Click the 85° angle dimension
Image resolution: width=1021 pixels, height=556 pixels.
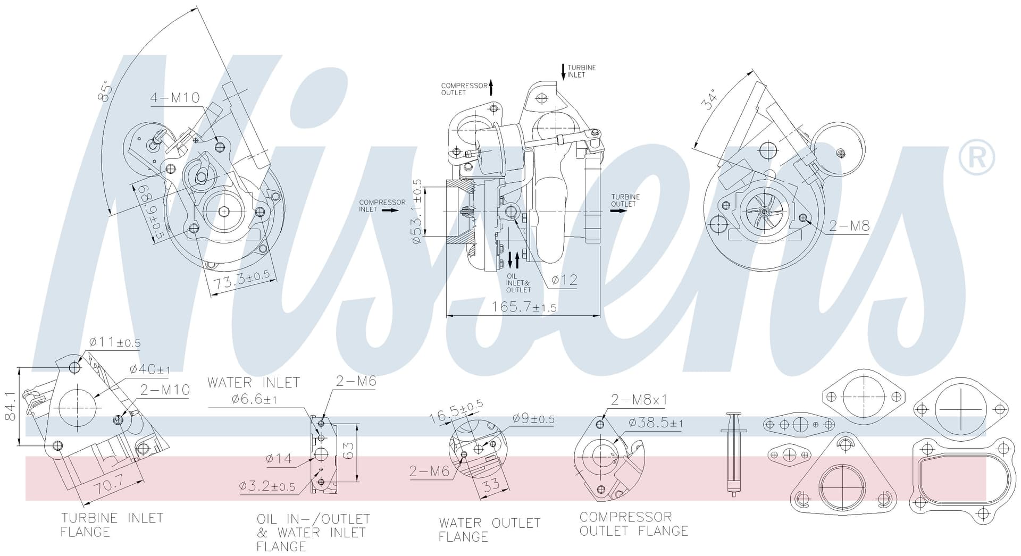tap(105, 91)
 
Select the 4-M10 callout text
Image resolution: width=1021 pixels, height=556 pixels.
tap(175, 98)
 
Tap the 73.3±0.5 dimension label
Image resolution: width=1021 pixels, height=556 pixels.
tap(242, 281)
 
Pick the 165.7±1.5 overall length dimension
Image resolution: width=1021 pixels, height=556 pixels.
tap(524, 307)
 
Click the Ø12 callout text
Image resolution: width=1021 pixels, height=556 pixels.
tap(564, 280)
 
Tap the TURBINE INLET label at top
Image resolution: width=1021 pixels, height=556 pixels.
tap(581, 71)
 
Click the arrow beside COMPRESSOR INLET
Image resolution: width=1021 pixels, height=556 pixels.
tap(390, 210)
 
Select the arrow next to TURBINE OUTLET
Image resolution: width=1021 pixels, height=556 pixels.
tap(618, 210)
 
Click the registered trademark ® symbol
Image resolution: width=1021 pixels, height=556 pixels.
tap(976, 157)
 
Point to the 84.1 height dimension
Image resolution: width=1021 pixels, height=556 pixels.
tap(10, 407)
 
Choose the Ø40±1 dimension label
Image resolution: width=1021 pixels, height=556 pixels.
tap(150, 369)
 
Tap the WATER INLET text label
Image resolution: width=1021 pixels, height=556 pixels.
tap(254, 383)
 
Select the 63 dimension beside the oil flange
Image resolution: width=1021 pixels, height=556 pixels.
tap(348, 451)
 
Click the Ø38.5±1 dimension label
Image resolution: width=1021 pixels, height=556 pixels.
tap(656, 423)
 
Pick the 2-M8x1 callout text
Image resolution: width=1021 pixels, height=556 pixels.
tap(639, 400)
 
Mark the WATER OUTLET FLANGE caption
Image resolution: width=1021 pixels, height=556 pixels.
tap(489, 530)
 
